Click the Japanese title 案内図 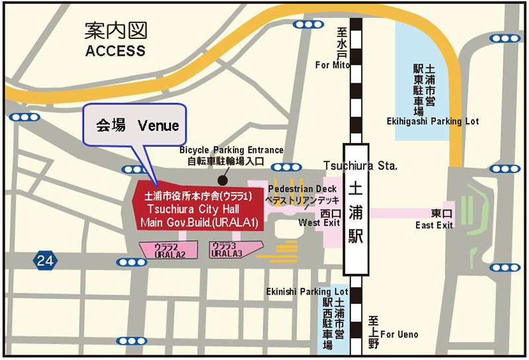[116, 30]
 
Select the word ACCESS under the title [115, 51]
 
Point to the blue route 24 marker [45, 261]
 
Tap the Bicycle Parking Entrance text [231, 150]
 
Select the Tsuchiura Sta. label [360, 165]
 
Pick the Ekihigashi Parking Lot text [432, 121]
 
